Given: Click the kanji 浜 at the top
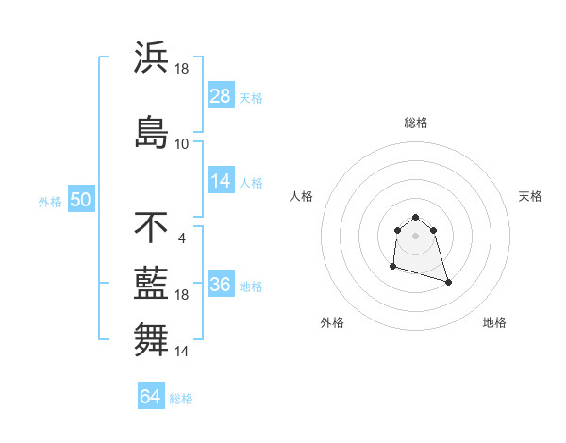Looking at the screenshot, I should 152,57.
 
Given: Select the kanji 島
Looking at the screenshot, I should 152,131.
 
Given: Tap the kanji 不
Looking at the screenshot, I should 152,227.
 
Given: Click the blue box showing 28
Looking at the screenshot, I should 221,96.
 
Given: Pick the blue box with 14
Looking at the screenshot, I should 221,181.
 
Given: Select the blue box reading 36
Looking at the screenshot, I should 221,285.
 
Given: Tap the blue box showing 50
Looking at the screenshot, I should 80,201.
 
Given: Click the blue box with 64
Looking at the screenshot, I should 150,397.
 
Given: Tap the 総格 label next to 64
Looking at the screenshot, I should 181,399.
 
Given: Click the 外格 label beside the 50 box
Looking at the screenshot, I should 50,202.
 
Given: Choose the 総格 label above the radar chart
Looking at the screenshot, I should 416,123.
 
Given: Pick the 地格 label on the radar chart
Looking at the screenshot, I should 494,322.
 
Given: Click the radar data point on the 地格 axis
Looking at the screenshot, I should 448,282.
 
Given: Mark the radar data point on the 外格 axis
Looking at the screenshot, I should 392,268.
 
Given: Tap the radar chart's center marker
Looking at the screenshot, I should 416,236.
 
